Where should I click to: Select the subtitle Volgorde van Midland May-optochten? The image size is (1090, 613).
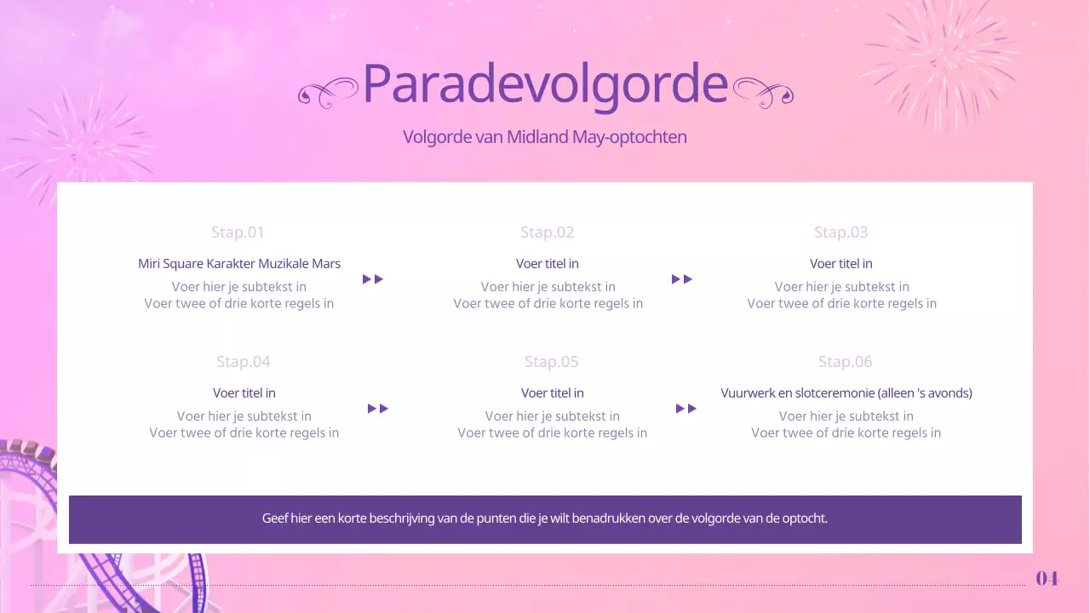(x=545, y=137)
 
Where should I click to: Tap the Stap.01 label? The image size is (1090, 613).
(x=238, y=232)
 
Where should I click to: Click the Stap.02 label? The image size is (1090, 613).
(x=548, y=232)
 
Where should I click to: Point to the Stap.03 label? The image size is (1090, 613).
(x=841, y=232)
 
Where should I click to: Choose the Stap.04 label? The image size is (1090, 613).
(x=244, y=362)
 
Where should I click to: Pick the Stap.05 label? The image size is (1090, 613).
(x=552, y=362)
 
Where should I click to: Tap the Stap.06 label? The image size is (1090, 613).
(x=846, y=362)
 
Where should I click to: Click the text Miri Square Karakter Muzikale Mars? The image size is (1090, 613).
(x=239, y=264)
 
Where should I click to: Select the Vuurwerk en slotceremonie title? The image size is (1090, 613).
(x=846, y=393)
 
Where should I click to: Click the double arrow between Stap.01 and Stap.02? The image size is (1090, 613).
(x=373, y=279)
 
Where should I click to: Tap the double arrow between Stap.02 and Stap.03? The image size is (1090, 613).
(x=682, y=279)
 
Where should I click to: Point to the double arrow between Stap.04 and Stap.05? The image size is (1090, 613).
(x=378, y=409)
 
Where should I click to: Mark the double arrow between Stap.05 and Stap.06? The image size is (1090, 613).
(x=686, y=409)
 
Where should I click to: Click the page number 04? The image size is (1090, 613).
(x=1047, y=579)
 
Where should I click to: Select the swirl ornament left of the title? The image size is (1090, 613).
(x=328, y=92)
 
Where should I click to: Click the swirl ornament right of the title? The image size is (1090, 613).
(x=763, y=92)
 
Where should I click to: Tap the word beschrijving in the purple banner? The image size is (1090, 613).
(x=400, y=518)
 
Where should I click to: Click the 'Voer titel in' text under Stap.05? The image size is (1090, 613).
(x=553, y=393)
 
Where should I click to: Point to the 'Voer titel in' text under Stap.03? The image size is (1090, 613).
(x=841, y=264)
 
